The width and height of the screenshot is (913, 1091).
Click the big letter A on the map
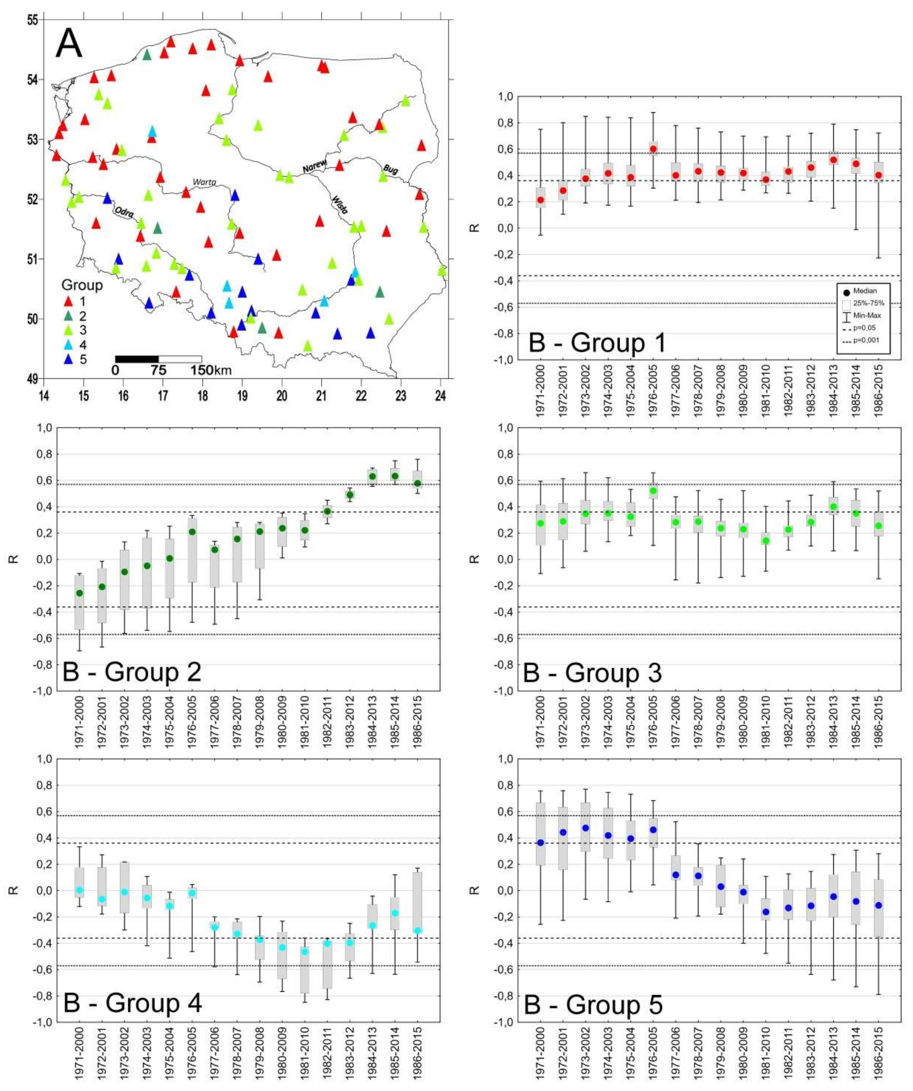click(x=69, y=45)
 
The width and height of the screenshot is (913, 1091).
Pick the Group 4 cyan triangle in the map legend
click(x=67, y=345)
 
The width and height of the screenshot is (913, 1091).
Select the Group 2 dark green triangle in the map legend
click(x=67, y=316)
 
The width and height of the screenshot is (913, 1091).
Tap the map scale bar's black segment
click(x=137, y=359)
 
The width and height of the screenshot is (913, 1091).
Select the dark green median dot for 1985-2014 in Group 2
click(x=395, y=476)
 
